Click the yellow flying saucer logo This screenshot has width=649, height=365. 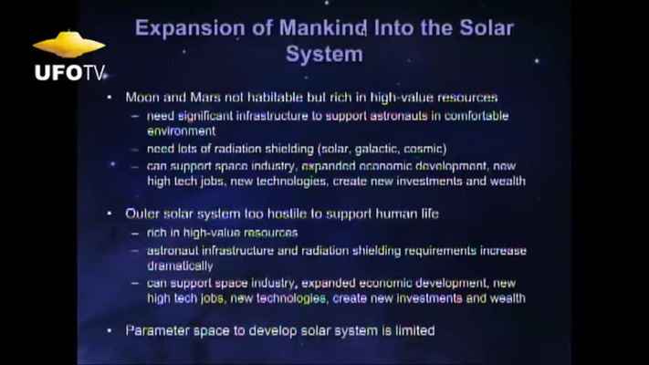coord(69,45)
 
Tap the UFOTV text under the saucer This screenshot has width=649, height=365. coord(69,73)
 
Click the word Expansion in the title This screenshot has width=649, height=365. coord(190,28)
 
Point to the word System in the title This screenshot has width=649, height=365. coord(324,54)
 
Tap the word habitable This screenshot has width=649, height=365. coord(275,98)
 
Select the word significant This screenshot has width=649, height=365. coord(205,116)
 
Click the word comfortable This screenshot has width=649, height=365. coord(476,116)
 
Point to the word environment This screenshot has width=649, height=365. coord(182,131)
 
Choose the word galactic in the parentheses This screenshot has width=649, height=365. coord(377,149)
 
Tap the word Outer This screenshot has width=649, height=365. coord(141,214)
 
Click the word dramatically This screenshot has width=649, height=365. coord(180,266)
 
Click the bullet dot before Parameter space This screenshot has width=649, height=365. coord(110,330)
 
